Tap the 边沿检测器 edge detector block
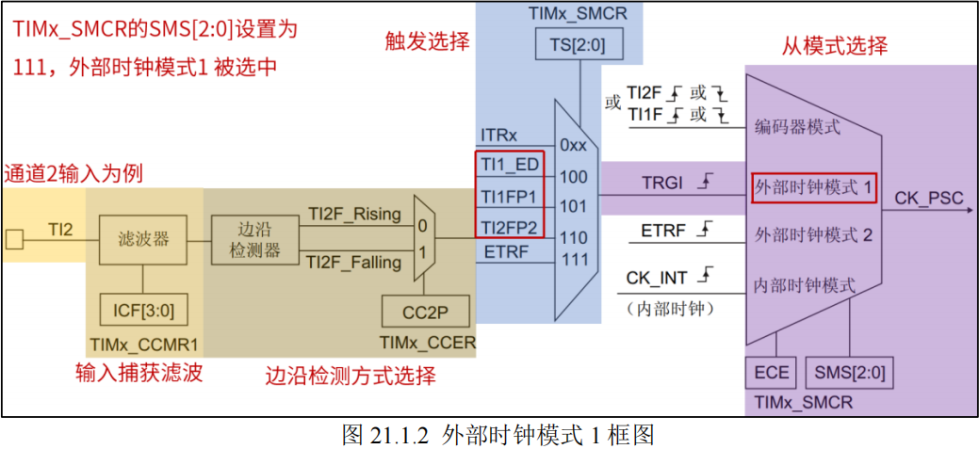[246, 240]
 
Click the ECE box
[771, 373]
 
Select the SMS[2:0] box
[849, 373]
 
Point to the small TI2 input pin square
[14, 239]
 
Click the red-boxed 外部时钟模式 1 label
[814, 188]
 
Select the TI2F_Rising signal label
[353, 214]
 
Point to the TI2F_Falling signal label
[353, 263]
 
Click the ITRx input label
[498, 137]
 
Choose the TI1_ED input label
[509, 165]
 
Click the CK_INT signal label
[657, 278]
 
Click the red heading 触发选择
[427, 40]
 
